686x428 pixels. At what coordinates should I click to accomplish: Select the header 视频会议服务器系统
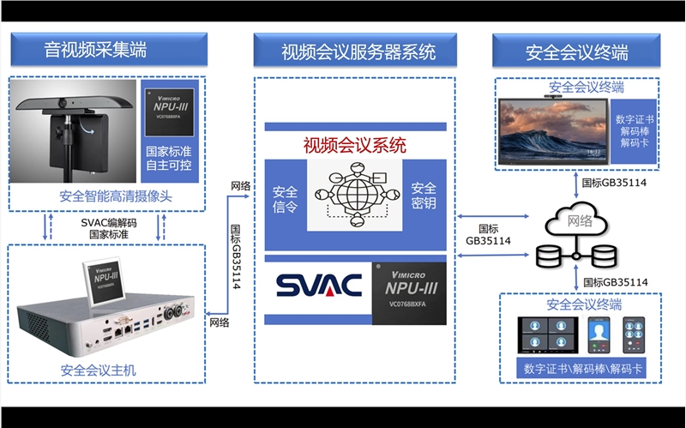click(x=358, y=51)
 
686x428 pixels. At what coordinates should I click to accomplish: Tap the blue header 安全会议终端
click(x=576, y=51)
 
